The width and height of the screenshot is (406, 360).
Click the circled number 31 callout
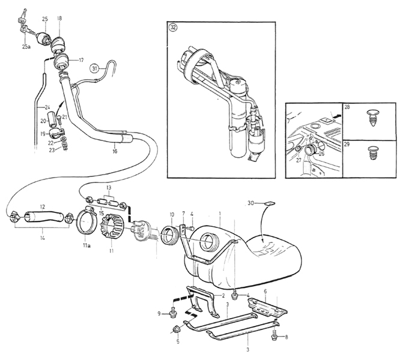(x=94, y=68)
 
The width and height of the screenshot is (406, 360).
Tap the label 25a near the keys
(x=26, y=47)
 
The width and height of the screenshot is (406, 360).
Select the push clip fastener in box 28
(x=373, y=118)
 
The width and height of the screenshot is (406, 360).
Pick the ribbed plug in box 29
(x=372, y=153)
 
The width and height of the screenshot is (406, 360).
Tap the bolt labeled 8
(x=274, y=337)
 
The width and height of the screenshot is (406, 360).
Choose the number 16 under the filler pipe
(x=115, y=151)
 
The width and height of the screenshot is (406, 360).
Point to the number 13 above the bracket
(x=109, y=187)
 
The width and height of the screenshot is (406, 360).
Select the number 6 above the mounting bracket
(x=265, y=292)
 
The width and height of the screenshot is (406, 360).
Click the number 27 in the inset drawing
(x=299, y=160)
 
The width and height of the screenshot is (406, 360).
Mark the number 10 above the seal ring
(x=172, y=214)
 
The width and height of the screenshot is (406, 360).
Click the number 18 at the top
(x=59, y=19)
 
